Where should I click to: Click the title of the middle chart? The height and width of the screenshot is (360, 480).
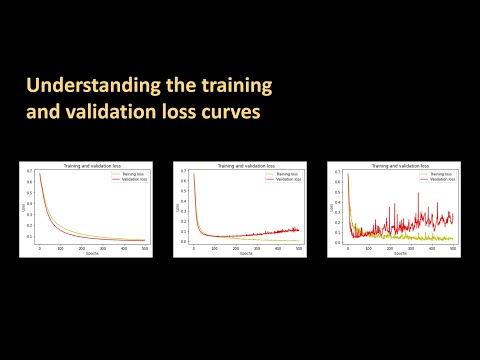click(241, 164)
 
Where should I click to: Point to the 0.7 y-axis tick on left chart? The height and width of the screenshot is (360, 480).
click(29, 171)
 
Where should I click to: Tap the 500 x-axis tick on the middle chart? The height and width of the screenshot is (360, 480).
click(297, 248)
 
